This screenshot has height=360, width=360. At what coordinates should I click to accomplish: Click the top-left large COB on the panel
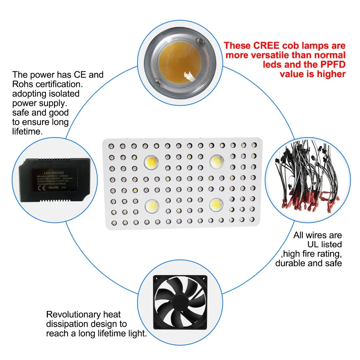pyautogui.click(x=151, y=162)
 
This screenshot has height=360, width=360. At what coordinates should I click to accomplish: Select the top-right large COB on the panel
pyautogui.click(x=217, y=161)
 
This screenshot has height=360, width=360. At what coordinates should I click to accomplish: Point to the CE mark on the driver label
pyautogui.click(x=41, y=187)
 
